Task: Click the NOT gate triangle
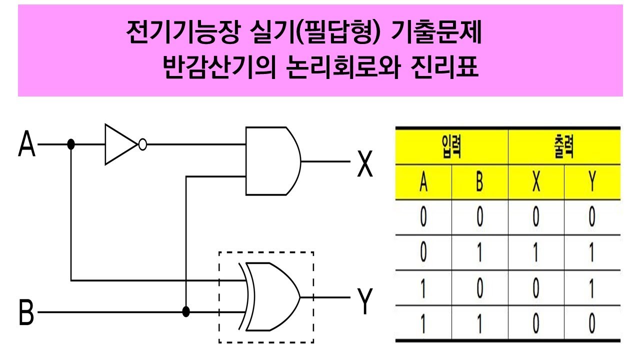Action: click(x=119, y=145)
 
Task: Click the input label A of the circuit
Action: click(x=27, y=144)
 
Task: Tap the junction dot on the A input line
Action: click(x=71, y=144)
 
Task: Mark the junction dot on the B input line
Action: click(x=186, y=312)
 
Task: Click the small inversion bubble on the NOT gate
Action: click(x=142, y=145)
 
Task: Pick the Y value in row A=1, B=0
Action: click(x=592, y=289)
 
